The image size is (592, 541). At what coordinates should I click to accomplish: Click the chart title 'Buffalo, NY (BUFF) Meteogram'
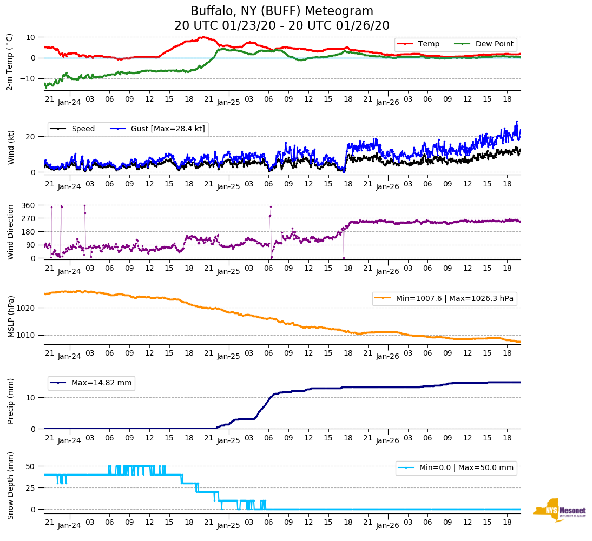click(x=282, y=11)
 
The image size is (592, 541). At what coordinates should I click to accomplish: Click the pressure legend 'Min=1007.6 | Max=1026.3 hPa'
click(x=444, y=298)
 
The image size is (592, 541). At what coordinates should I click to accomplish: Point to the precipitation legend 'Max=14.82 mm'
click(x=91, y=383)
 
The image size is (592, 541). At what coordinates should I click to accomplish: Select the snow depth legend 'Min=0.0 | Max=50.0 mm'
click(x=456, y=468)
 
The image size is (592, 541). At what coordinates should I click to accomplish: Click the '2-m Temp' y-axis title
click(x=10, y=61)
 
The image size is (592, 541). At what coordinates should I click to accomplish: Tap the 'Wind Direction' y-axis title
click(x=11, y=231)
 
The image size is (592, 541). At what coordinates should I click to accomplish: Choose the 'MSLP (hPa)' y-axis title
click(x=11, y=316)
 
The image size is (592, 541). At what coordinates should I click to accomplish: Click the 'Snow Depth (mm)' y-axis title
click(x=11, y=485)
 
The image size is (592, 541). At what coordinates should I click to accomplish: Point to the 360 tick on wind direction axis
click(x=28, y=205)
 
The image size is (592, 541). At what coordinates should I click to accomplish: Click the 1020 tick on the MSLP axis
click(x=26, y=308)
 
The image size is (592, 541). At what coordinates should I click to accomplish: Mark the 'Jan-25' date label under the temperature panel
click(x=228, y=102)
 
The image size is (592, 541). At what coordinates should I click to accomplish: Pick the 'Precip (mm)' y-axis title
click(x=11, y=400)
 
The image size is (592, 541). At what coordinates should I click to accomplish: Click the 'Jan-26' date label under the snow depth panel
click(x=387, y=525)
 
